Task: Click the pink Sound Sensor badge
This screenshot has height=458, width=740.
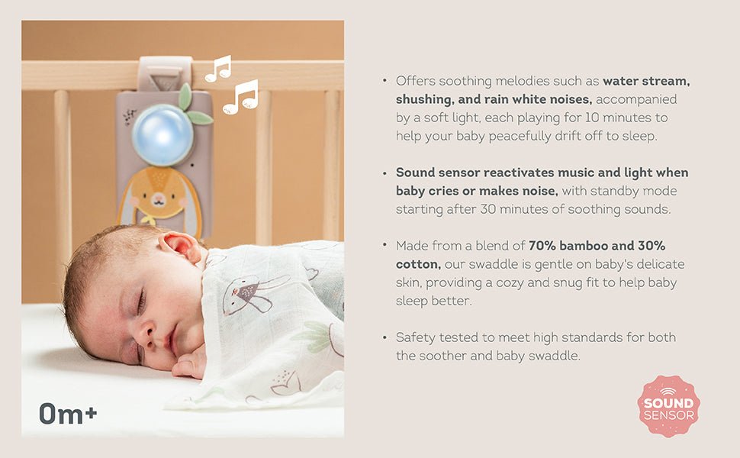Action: (668, 406)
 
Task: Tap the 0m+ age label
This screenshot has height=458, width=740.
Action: (68, 414)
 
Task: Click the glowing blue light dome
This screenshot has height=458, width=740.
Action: (162, 135)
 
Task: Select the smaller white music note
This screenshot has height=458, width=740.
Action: (218, 68)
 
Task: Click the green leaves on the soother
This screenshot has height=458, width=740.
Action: (191, 106)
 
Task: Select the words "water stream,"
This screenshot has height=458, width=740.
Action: (645, 80)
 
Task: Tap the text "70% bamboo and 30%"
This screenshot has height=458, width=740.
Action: (597, 245)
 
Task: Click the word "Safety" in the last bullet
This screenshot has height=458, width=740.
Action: (415, 337)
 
